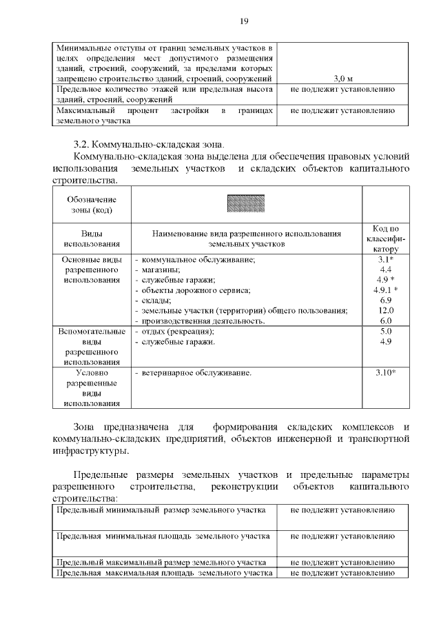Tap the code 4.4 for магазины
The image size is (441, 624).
coord(385,270)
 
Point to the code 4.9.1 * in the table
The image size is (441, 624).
coord(385,290)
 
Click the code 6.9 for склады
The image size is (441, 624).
coord(385,301)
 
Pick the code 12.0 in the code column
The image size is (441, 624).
coord(385,311)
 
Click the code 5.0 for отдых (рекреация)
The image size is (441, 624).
coord(385,332)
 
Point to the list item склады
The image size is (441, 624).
coord(156,301)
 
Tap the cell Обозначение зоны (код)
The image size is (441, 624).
coord(92,204)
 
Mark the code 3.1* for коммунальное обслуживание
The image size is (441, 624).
coord(385,259)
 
